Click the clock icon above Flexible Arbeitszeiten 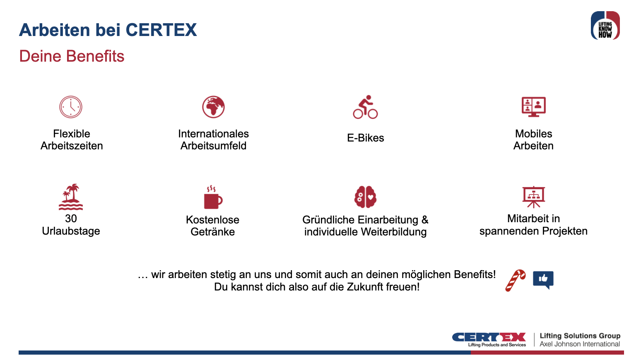pos(71,107)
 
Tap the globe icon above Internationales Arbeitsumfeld pos(213,107)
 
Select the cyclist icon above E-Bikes pos(365,107)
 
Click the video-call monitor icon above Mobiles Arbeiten pos(533,107)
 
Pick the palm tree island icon pos(71,197)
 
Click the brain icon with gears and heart pos(365,197)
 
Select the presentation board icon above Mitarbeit pos(533,197)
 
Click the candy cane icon pos(516,280)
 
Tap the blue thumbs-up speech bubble pos(543,279)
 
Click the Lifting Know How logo pos(605,26)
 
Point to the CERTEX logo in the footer pos(489,339)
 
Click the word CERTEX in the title pos(161,30)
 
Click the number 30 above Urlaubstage pos(71,218)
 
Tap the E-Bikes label pos(365,138)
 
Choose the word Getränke pos(212,232)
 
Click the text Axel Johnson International pos(580,344)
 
